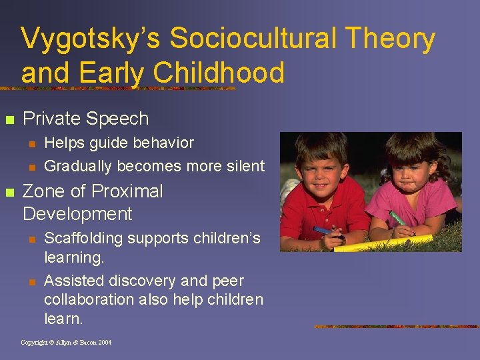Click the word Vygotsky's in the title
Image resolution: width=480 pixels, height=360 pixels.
pos(90,39)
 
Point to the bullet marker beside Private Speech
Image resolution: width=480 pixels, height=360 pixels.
pos(9,120)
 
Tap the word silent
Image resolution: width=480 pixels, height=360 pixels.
pos(243,165)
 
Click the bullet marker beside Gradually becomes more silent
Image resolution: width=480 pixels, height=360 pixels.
pos(31,166)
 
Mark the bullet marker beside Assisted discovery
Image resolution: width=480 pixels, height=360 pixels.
pos(31,281)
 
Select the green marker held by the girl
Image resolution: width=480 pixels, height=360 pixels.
pos(397,219)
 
